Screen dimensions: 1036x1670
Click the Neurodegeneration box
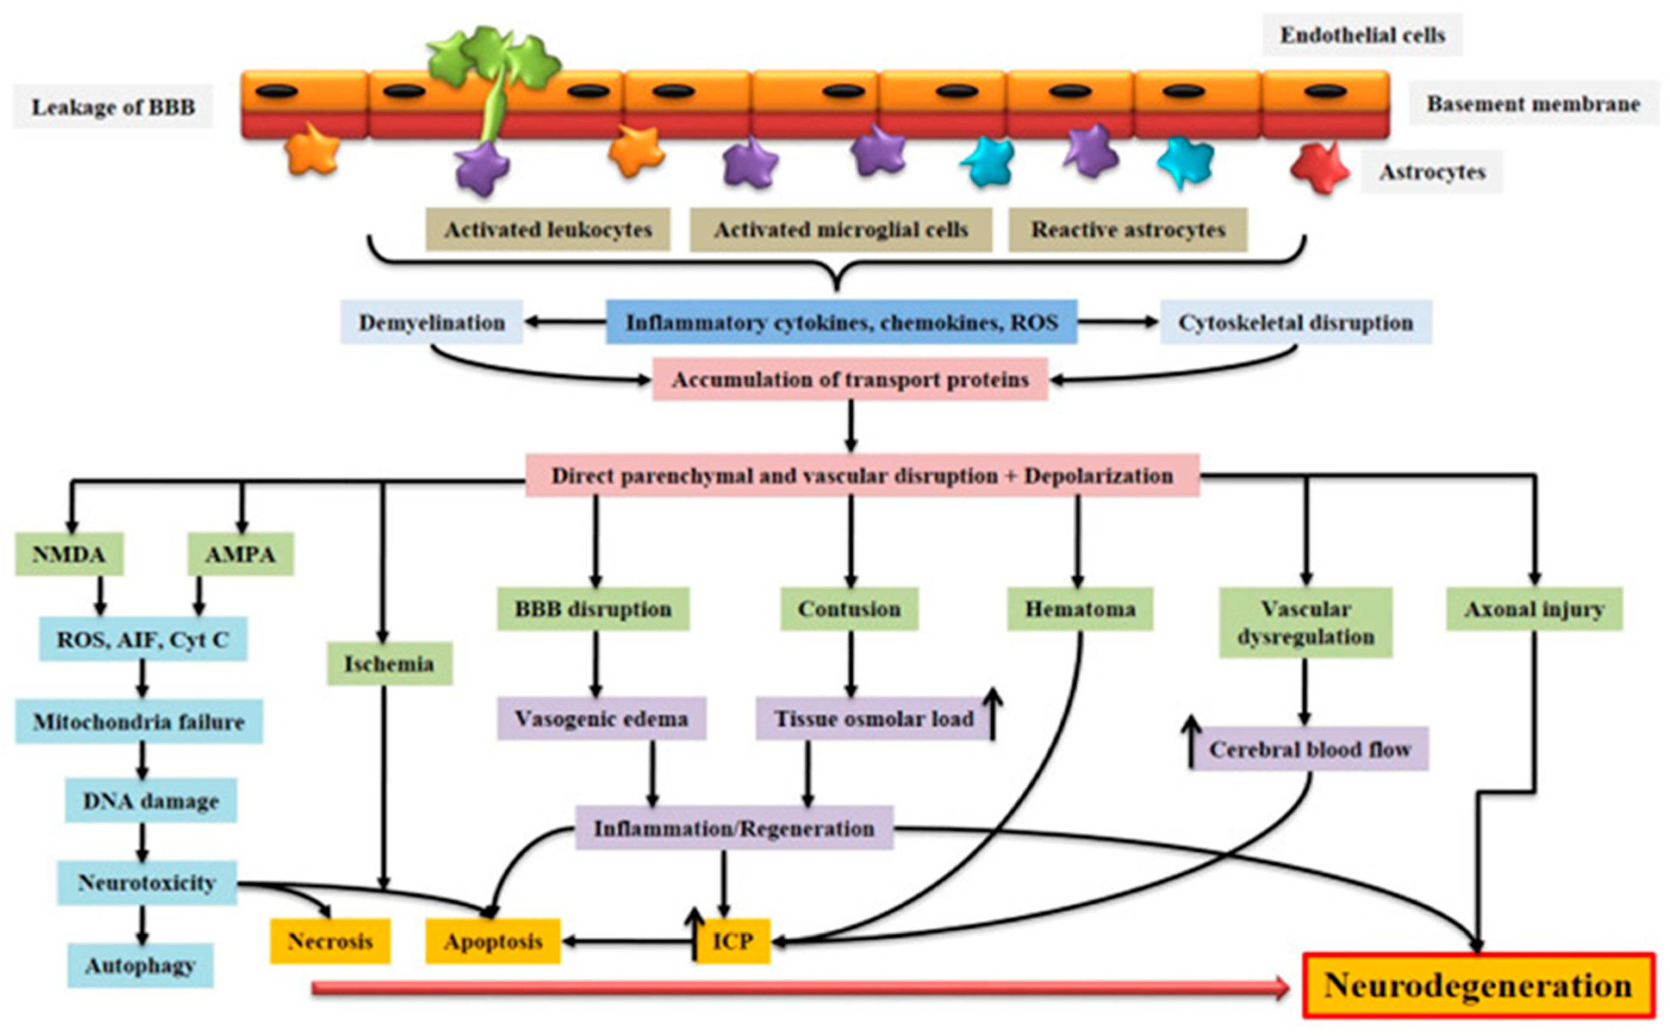point(1478,985)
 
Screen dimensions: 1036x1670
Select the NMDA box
point(69,554)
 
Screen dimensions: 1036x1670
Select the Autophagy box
point(140,965)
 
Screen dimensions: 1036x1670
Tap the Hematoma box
point(1080,608)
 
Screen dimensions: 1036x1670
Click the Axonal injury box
point(1534,608)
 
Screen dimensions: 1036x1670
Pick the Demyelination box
point(432,322)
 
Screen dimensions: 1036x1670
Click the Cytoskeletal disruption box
point(1295,322)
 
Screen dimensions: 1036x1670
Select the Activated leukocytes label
point(547,230)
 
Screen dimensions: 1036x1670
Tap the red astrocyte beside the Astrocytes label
point(1318,168)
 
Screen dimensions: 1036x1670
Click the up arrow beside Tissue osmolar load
point(993,715)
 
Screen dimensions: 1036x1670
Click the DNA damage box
point(151,800)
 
